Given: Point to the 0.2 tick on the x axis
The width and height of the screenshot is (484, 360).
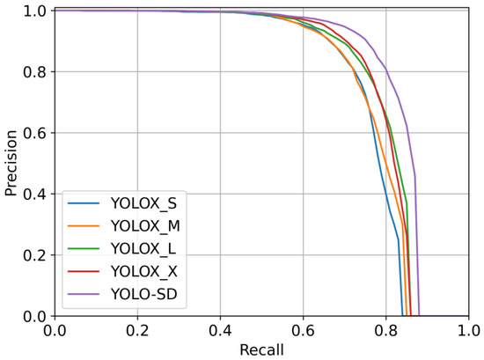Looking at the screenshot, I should [x=136, y=332].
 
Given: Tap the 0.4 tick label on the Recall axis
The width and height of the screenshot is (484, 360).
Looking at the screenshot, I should [x=220, y=332].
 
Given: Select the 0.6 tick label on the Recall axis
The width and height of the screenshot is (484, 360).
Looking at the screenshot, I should [x=303, y=332].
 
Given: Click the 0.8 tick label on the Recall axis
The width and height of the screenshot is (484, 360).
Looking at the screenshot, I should [x=385, y=332].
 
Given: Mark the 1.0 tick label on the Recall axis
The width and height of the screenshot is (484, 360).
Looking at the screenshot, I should [x=468, y=332].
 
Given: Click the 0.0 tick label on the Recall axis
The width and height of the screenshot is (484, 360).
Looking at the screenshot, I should [x=54, y=332].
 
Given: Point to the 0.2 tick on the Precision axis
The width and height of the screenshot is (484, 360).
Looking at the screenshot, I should [x=35, y=255].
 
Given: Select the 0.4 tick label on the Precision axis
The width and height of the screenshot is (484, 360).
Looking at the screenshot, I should [x=35, y=194].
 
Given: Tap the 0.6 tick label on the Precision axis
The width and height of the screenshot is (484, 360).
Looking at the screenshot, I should [x=35, y=133].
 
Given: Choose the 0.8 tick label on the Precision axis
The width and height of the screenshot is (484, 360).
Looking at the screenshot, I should [x=35, y=72].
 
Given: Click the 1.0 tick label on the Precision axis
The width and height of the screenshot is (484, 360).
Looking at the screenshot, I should [x=35, y=11].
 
